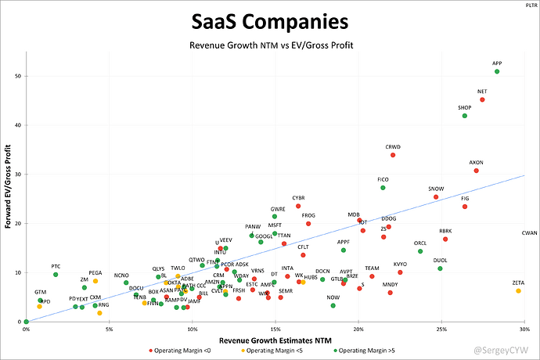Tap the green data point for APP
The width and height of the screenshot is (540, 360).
497,71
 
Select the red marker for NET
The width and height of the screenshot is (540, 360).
482,100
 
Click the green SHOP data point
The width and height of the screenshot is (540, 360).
465,116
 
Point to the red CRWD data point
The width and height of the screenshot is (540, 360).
393,155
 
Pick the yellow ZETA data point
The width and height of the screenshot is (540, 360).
518,291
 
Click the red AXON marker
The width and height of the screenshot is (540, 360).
477,171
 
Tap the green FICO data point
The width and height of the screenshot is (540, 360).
383,188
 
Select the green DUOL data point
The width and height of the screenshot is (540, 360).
440,268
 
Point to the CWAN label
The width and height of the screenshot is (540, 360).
530,233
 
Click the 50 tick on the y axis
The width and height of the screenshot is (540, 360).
17,76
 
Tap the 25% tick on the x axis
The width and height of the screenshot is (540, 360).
442,329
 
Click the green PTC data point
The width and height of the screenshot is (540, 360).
56,275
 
